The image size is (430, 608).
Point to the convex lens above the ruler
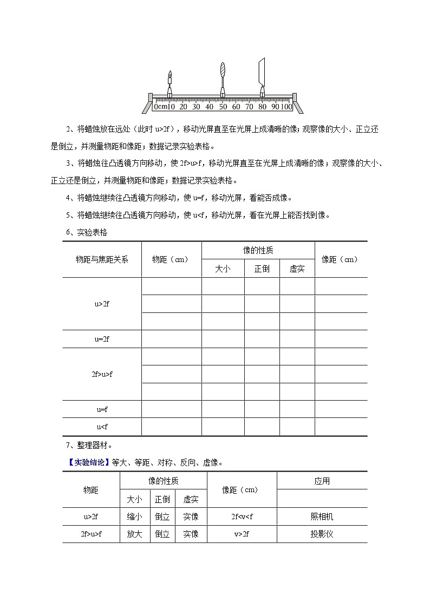[222, 71]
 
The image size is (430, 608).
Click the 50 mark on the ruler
[222, 107]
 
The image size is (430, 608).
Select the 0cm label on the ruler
[160, 107]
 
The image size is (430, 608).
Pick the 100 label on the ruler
[285, 107]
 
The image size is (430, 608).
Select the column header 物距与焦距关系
[102, 259]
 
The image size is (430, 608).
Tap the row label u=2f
[102, 339]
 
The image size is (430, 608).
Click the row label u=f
[102, 409]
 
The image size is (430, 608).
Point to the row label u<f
[102, 427]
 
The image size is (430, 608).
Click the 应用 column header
[322, 481]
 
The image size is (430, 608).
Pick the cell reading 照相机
[322, 517]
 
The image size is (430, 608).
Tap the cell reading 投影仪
[322, 534]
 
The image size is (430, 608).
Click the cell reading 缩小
[134, 517]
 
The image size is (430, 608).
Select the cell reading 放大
[134, 534]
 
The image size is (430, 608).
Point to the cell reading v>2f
[242, 534]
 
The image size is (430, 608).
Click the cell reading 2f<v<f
[242, 517]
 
